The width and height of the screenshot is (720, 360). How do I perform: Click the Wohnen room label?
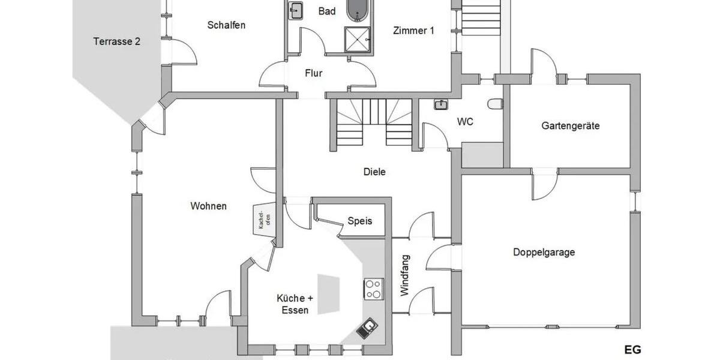click(208, 206)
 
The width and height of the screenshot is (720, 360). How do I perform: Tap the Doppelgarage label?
click(544, 252)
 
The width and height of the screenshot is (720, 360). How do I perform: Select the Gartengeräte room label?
click(570, 126)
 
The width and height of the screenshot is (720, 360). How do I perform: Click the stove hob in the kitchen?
click(374, 289)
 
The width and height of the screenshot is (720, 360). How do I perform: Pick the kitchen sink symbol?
click(367, 328)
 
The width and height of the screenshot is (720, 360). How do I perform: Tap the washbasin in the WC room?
click(441, 105)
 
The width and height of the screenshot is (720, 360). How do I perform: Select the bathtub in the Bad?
click(359, 10)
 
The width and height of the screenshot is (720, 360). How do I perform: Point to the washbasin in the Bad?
click(296, 10)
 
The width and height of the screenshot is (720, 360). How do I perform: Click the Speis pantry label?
click(360, 221)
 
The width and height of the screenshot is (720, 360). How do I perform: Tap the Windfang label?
click(404, 275)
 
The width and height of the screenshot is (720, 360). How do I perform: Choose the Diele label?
click(374, 172)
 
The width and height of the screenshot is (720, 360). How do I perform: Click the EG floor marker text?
click(632, 350)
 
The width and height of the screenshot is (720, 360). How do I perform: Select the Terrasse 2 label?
click(117, 41)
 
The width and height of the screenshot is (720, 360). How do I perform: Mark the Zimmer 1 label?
click(413, 31)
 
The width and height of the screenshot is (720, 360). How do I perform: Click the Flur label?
click(314, 73)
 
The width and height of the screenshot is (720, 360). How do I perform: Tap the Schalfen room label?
click(226, 25)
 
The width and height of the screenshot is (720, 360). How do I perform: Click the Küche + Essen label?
click(295, 304)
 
